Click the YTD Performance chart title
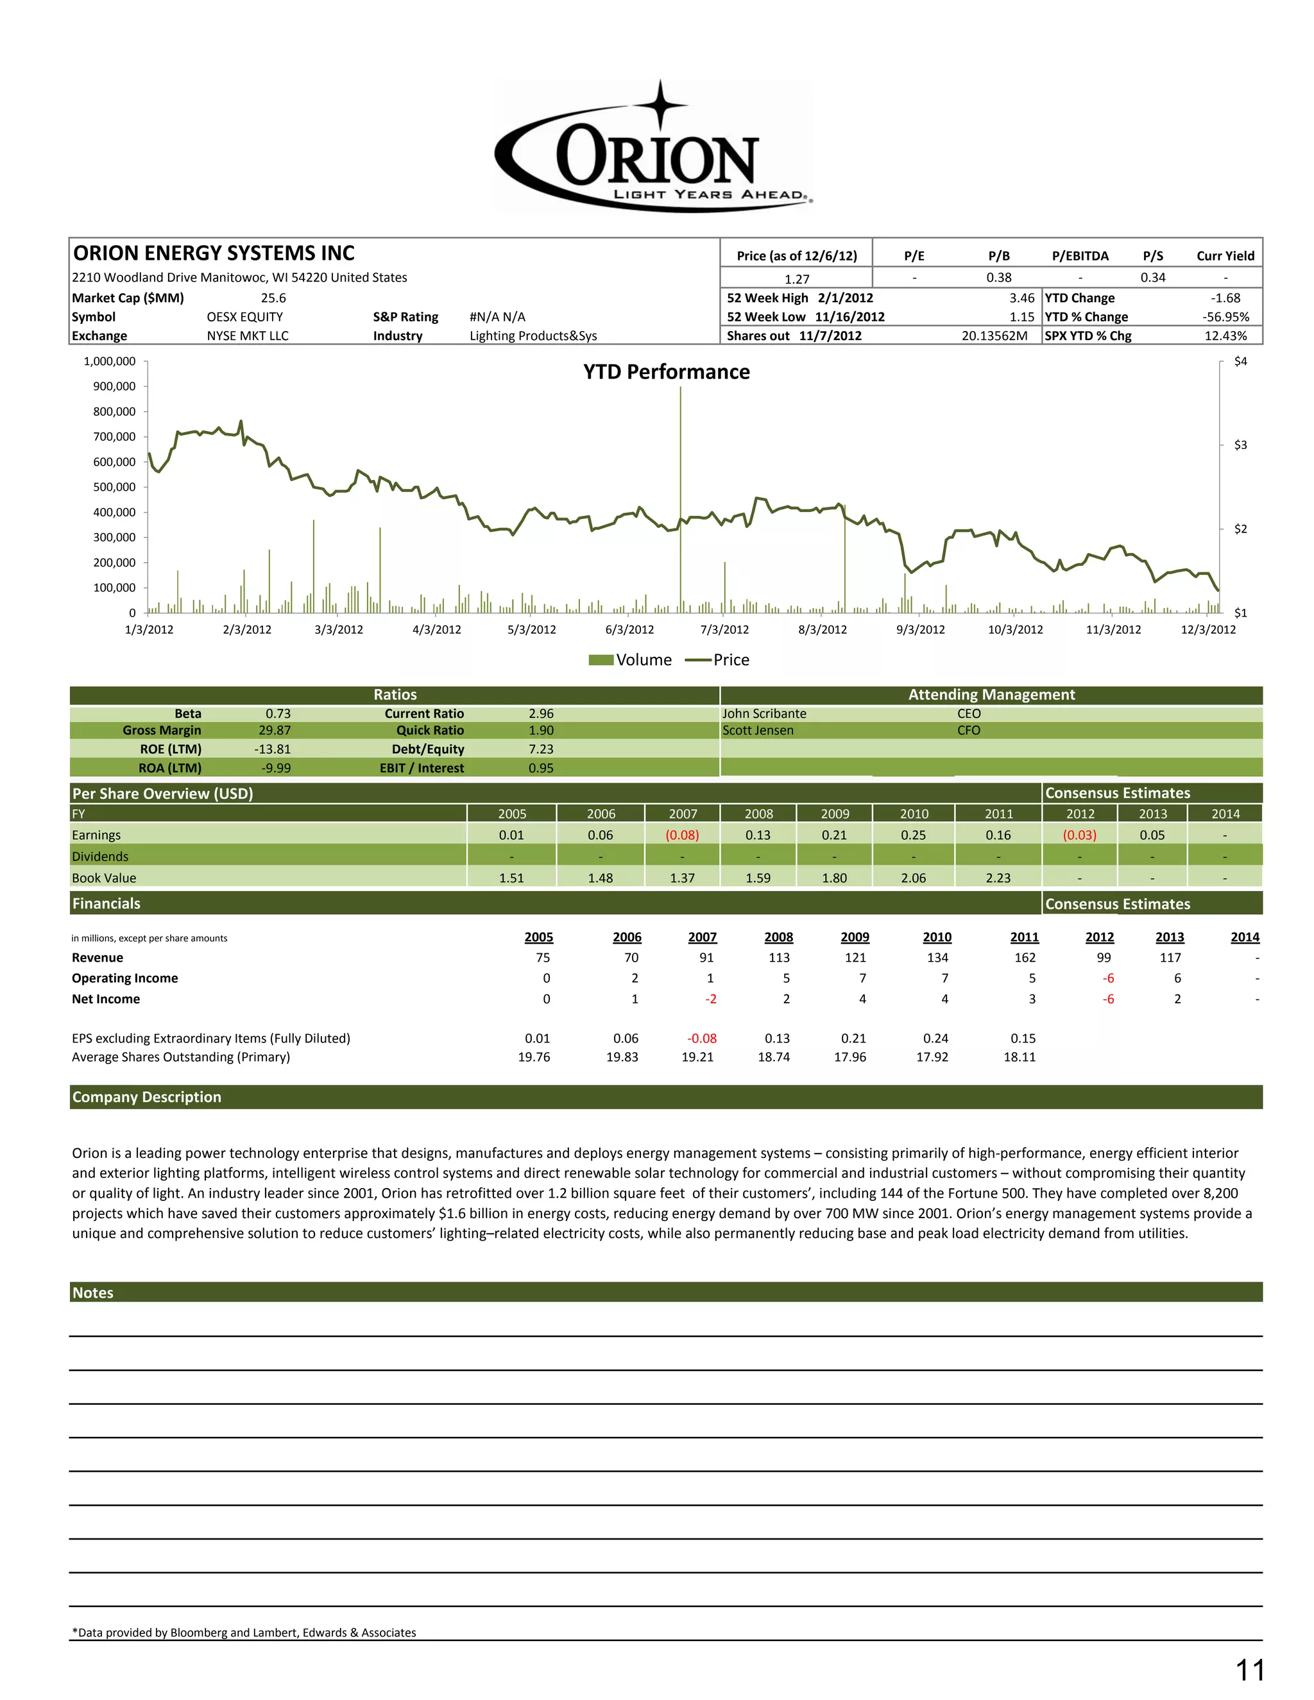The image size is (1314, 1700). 667,372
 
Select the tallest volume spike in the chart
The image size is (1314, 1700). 680,498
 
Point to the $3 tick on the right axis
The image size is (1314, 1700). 1240,445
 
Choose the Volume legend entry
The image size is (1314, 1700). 630,660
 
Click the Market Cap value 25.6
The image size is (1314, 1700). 273,298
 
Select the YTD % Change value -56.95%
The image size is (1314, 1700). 1225,317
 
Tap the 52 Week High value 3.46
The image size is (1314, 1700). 1021,298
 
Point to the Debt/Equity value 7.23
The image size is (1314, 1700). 541,749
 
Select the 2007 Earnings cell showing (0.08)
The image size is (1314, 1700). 682,835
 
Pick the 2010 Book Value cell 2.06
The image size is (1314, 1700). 913,878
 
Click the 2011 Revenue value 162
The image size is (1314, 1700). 1025,957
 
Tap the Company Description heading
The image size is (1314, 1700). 146,1097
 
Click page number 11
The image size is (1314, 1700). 1249,1670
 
